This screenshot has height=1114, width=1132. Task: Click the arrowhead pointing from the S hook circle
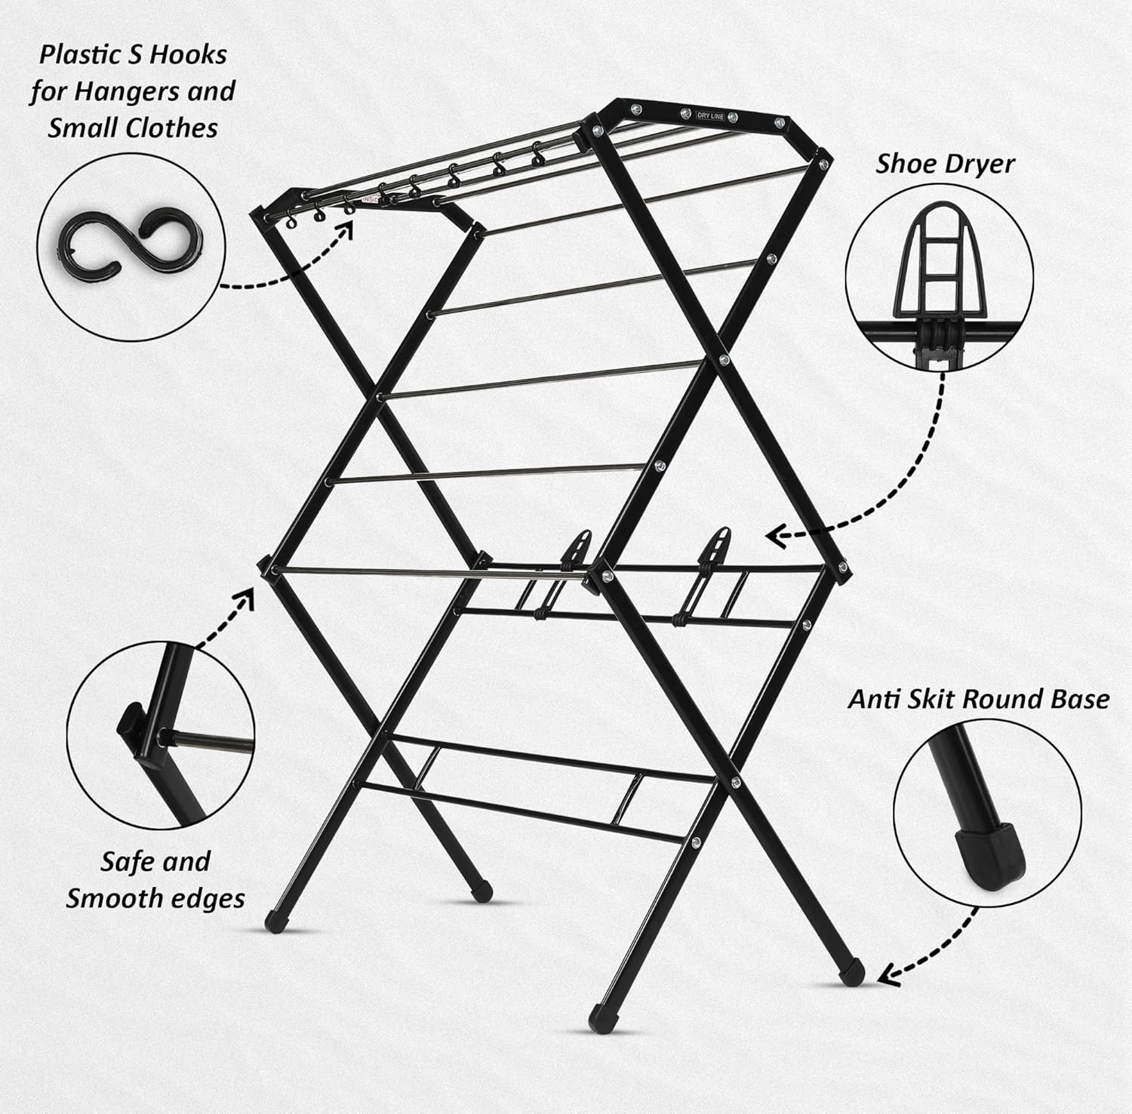click(349, 227)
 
